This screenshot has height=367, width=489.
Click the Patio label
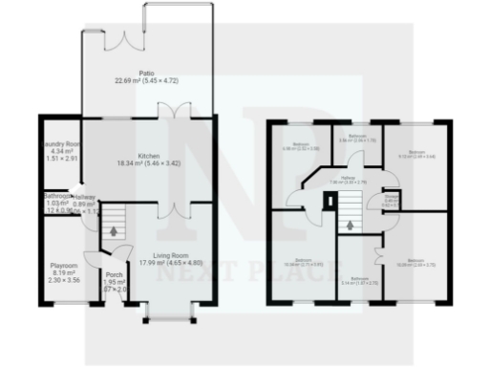pos(147,73)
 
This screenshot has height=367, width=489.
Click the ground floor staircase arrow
pos(116,230)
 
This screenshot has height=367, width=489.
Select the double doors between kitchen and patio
pos(167,117)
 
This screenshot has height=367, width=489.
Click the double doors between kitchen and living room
pos(167,205)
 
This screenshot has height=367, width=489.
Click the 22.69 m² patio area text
pos(147,80)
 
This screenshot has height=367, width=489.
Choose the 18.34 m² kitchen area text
pos(147,164)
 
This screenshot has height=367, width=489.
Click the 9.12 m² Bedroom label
pos(415,153)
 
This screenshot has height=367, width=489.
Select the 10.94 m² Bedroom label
pos(303,261)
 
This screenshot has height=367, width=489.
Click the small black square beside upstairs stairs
pos(330,200)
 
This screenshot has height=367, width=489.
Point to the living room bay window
pos(169,313)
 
